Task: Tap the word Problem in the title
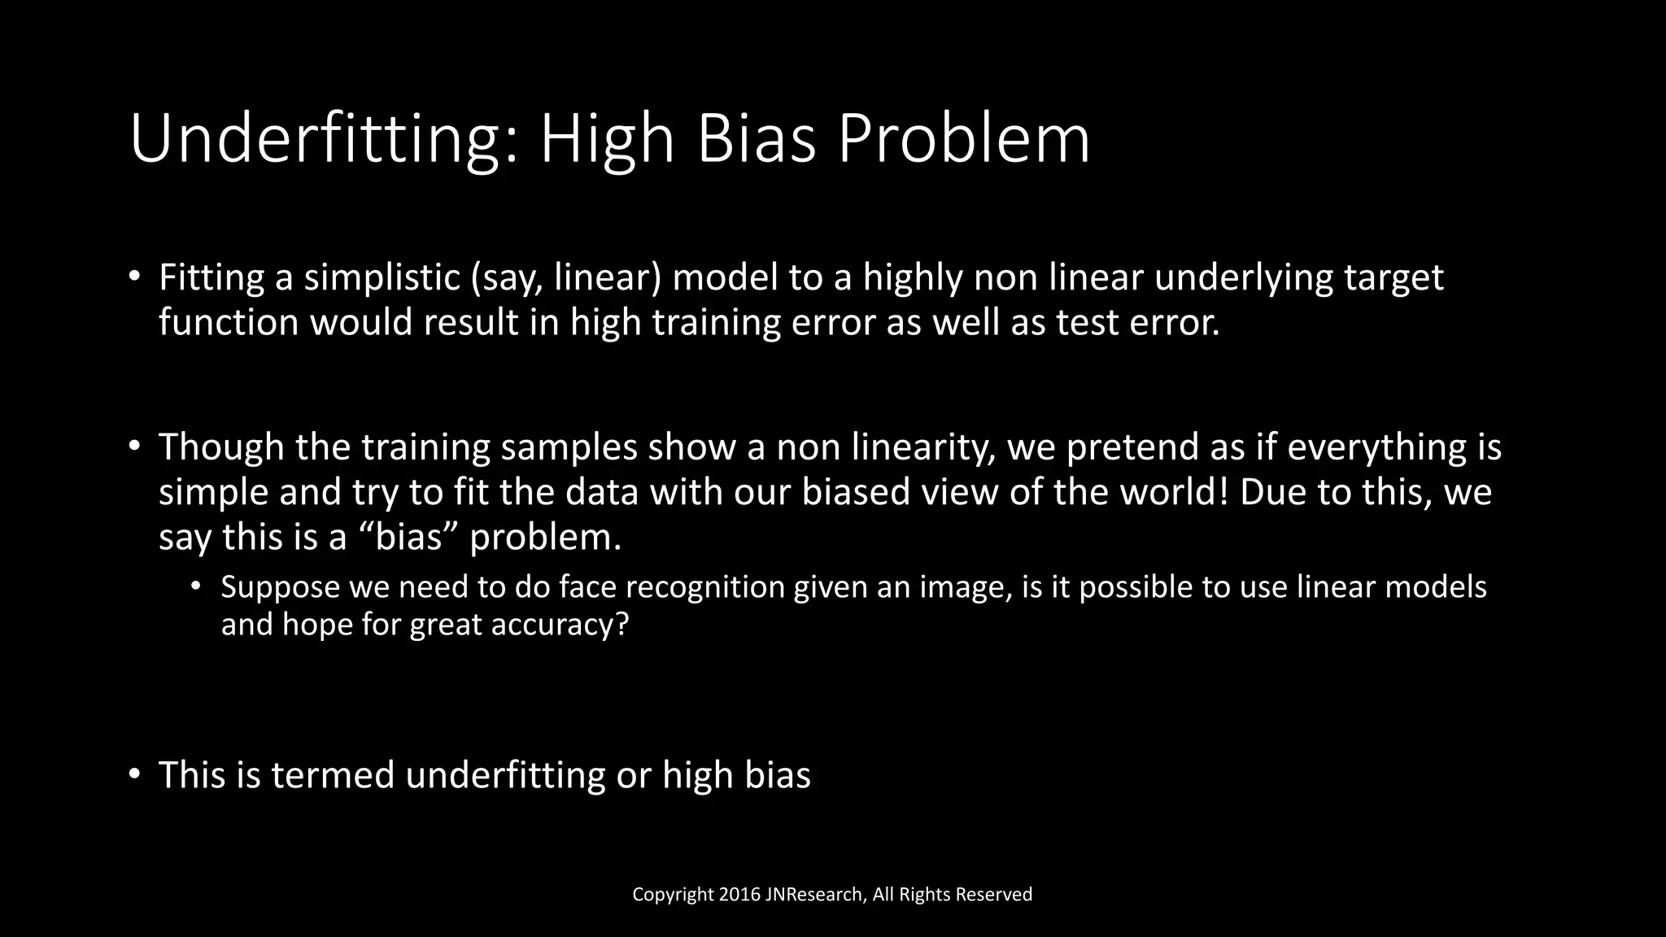pyautogui.click(x=964, y=139)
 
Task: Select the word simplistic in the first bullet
pyautogui.click(x=382, y=278)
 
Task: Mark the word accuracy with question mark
pyautogui.click(x=560, y=625)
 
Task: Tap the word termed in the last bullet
pyautogui.click(x=333, y=775)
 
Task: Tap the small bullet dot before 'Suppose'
pyautogui.click(x=195, y=586)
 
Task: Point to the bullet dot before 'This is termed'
pyautogui.click(x=135, y=773)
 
